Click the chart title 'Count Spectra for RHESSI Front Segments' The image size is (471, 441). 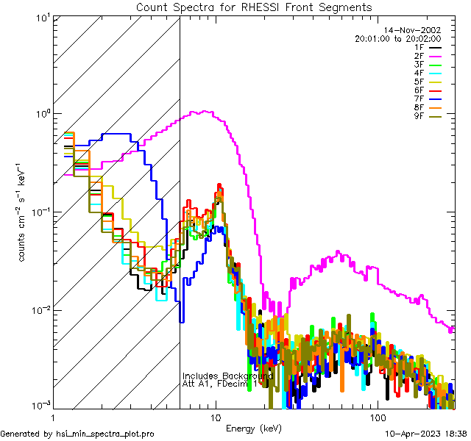254,7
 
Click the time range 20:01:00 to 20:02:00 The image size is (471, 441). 397,38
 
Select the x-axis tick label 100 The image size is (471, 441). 377,417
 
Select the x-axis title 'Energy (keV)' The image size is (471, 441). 253,428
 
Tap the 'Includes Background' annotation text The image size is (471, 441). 227,376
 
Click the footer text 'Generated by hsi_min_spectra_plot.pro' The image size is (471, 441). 77,434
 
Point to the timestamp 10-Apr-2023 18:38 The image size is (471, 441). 425,434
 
